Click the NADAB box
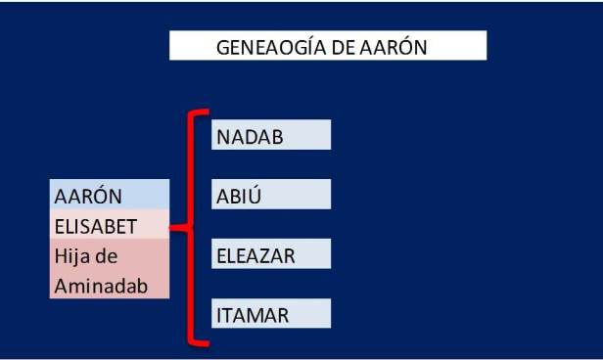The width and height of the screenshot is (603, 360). [271, 136]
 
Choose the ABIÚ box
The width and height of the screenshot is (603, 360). [271, 196]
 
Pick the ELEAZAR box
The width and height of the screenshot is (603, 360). [271, 255]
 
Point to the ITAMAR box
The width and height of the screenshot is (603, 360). [271, 314]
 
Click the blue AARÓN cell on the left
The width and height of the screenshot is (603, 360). [109, 195]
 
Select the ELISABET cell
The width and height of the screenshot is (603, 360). [109, 226]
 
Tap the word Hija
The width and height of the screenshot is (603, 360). [71, 255]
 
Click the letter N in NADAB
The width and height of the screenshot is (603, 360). [222, 137]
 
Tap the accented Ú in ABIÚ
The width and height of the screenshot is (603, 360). [254, 196]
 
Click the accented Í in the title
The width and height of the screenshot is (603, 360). [304, 46]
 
